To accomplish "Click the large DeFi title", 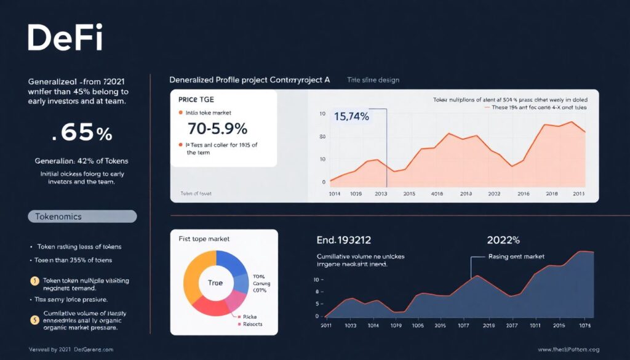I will (x=65, y=38).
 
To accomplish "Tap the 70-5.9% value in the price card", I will (x=217, y=129).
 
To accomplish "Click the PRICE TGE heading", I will (x=196, y=98).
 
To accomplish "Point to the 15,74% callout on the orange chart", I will (x=351, y=116).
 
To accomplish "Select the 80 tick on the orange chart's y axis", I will (x=322, y=137).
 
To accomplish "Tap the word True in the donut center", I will (x=215, y=283).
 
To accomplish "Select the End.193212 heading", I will (x=343, y=240).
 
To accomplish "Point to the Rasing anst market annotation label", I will (x=516, y=257).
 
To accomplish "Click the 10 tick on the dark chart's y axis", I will (x=316, y=279).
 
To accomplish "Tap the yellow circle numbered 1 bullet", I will (x=34, y=281).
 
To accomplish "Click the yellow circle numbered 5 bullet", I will (x=34, y=319).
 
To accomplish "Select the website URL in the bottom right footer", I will (x=568, y=350).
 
